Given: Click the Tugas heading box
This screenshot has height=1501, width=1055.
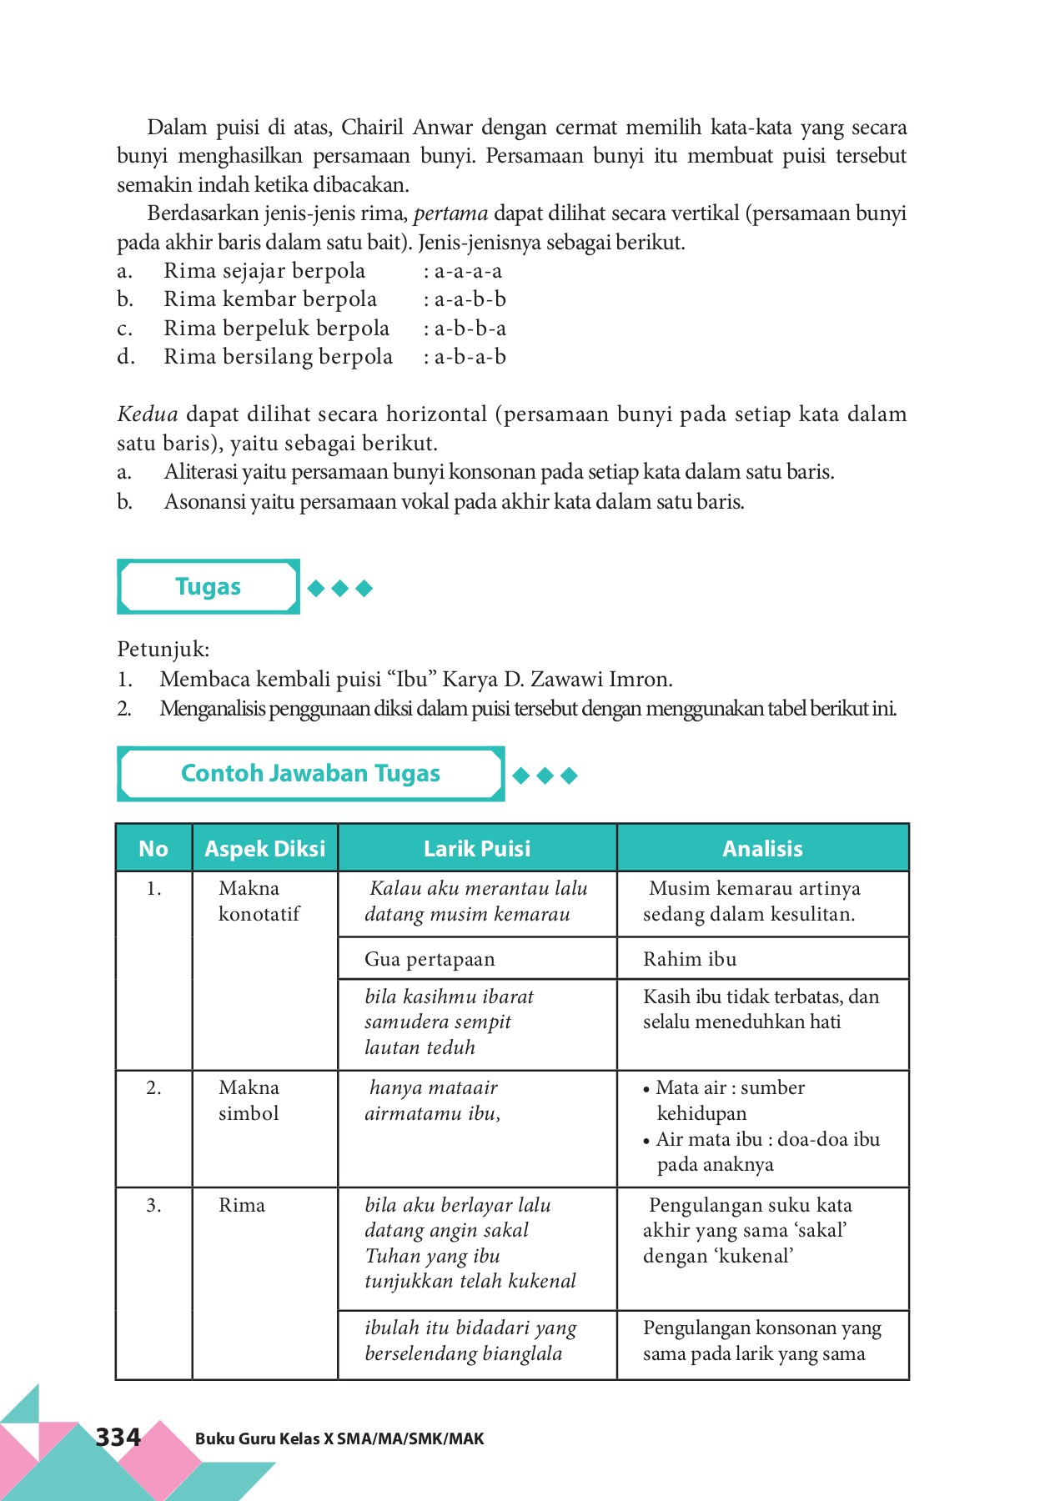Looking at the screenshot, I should pyautogui.click(x=208, y=587).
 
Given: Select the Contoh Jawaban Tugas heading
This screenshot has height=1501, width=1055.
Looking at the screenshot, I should pyautogui.click(x=310, y=774).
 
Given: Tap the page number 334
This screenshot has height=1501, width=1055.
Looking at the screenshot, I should pyautogui.click(x=118, y=1437).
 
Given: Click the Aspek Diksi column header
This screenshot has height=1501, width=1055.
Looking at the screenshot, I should pyautogui.click(x=265, y=849).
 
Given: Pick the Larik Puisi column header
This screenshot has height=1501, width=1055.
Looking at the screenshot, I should pyautogui.click(x=477, y=849).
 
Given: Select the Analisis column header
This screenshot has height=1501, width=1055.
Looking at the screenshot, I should pyautogui.click(x=762, y=849).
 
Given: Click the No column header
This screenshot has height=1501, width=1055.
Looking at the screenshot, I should pyautogui.click(x=153, y=849).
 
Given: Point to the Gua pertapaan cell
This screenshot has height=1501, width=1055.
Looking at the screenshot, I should pyautogui.click(x=430, y=959).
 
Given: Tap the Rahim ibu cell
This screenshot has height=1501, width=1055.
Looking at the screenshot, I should pyautogui.click(x=690, y=959).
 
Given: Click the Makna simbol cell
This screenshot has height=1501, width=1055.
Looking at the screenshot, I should pyautogui.click(x=249, y=1100).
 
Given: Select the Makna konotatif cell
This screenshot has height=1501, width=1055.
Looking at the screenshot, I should pyautogui.click(x=259, y=901).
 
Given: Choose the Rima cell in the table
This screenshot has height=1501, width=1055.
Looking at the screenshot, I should pyautogui.click(x=242, y=1205).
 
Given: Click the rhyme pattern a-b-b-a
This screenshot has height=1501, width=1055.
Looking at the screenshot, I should pyautogui.click(x=470, y=329).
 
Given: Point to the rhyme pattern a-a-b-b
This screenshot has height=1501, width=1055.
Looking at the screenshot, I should pyautogui.click(x=470, y=299).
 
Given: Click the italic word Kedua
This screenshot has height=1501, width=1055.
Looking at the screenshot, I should pyautogui.click(x=148, y=414).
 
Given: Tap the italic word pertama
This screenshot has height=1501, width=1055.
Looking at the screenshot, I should pyautogui.click(x=450, y=213).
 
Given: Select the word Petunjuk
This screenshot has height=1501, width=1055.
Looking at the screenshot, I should pyautogui.click(x=163, y=649).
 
